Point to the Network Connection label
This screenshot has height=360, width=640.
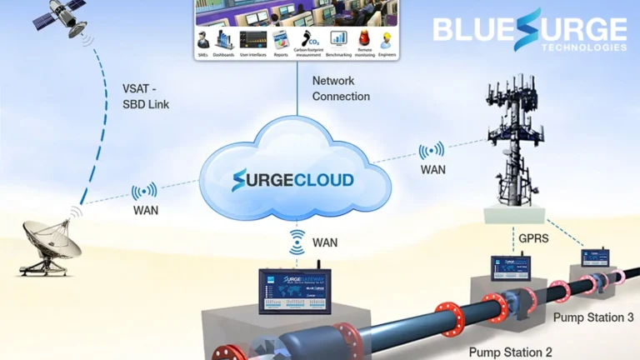click(341, 88)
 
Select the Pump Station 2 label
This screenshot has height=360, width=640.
click(509, 352)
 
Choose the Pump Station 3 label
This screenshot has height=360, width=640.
click(593, 317)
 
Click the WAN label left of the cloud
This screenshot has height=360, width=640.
click(145, 210)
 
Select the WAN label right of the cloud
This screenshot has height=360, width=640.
click(432, 170)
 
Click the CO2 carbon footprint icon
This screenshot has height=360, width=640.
click(309, 38)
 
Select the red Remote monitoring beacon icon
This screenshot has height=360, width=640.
click(364, 38)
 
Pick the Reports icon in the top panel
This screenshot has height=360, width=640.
click(280, 39)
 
